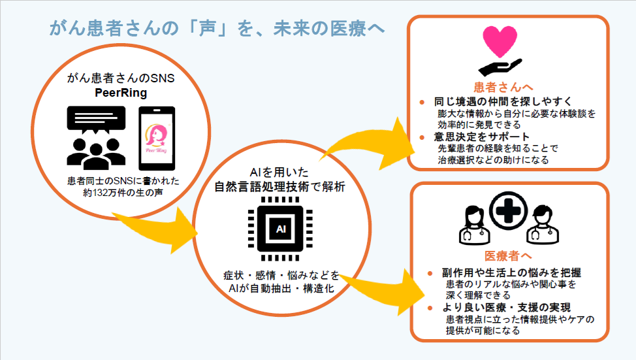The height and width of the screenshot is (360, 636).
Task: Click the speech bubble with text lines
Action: tap(92, 122)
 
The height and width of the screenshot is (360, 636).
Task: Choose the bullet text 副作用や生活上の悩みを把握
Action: tap(512, 273)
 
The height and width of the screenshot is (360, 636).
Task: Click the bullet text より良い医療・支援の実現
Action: tap(506, 308)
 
